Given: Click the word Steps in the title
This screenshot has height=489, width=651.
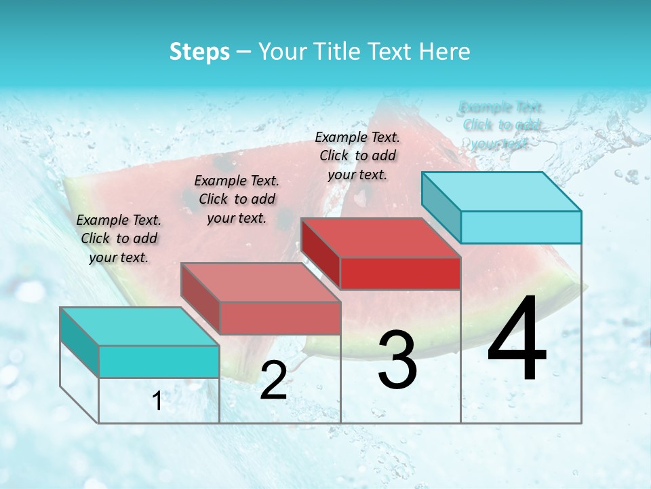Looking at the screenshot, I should (x=199, y=52).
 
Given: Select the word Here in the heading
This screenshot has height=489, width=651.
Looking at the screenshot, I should (x=445, y=52).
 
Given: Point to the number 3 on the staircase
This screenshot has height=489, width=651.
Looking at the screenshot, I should (x=397, y=360).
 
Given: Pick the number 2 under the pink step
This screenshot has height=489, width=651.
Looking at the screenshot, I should (x=273, y=380).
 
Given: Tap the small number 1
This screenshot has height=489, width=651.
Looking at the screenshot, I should (x=157, y=401).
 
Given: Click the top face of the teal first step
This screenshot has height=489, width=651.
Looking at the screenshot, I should (x=139, y=326).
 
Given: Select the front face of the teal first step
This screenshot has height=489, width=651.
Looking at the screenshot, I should (x=159, y=361).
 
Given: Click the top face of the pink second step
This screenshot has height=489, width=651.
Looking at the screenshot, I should (x=260, y=282).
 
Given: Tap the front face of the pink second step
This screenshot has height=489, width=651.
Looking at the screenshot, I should (x=279, y=318).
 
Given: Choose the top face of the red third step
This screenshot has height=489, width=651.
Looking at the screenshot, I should (x=380, y=237).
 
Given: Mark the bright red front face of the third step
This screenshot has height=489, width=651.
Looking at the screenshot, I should (x=400, y=273).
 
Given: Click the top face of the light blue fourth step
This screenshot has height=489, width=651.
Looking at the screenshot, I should (x=500, y=191).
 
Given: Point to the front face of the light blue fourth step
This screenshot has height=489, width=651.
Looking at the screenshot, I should (x=521, y=227).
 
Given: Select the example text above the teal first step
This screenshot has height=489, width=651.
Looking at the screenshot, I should (x=119, y=238).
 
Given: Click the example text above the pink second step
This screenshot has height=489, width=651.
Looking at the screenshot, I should (x=237, y=199).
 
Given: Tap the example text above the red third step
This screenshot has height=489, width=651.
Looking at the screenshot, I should (x=357, y=156).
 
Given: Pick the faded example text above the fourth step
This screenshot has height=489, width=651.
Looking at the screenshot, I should (x=501, y=125).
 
